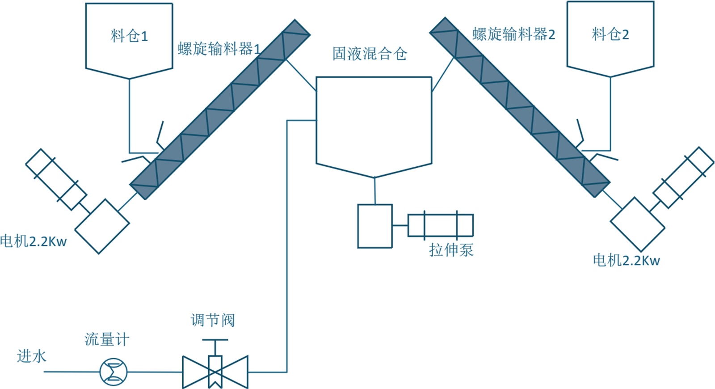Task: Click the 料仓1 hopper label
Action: click(x=129, y=36)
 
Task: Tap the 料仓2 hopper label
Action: click(x=610, y=34)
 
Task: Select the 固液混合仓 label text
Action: click(x=370, y=54)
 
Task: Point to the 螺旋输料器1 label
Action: click(x=219, y=49)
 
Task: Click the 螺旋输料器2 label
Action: click(x=513, y=34)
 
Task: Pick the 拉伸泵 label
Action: click(x=451, y=249)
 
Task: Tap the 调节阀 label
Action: click(x=213, y=320)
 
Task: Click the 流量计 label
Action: click(x=107, y=339)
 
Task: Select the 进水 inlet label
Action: click(x=31, y=356)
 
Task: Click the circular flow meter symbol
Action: click(x=114, y=372)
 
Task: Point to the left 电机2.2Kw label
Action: click(x=34, y=241)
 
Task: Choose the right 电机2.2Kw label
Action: click(x=626, y=260)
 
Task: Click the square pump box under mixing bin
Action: click(x=375, y=226)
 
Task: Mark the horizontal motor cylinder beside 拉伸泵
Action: click(x=440, y=225)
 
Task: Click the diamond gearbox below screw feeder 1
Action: click(x=102, y=226)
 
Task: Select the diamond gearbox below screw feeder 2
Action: click(x=638, y=224)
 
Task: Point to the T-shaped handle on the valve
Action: click(x=215, y=341)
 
